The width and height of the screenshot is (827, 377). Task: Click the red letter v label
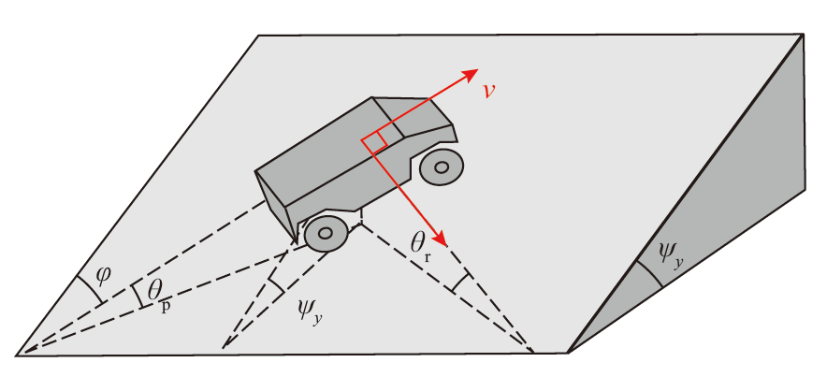[490, 92]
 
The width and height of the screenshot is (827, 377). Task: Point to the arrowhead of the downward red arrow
[440, 239]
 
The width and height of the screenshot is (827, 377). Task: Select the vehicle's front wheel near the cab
[442, 167]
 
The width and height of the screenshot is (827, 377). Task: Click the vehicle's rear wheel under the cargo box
[326, 233]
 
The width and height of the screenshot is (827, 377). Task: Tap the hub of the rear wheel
[326, 233]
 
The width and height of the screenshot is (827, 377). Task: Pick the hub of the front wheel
[442, 167]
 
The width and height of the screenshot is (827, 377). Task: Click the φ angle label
[103, 275]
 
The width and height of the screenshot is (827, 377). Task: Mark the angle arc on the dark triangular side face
[649, 274]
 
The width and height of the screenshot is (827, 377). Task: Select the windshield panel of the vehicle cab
[414, 117]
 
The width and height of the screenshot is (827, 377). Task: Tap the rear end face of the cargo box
[276, 205]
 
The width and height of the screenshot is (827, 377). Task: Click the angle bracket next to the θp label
[138, 295]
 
